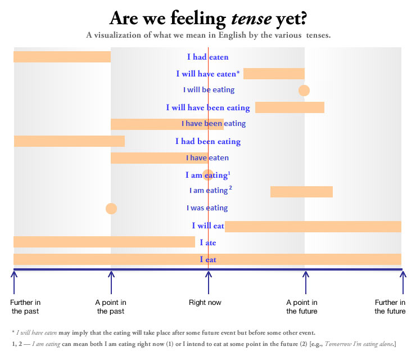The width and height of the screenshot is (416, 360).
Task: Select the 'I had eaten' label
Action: point(207,57)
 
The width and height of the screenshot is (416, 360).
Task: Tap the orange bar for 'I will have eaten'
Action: point(274,74)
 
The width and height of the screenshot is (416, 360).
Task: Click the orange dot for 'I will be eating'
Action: point(304,90)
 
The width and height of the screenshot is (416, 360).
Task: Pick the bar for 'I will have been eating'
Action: point(290,107)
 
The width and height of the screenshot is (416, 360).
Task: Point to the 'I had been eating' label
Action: point(207,141)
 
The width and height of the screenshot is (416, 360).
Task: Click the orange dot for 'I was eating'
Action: point(111,209)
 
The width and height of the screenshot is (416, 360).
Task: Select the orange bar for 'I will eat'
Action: point(313,226)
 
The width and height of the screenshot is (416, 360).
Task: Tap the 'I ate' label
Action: point(207,243)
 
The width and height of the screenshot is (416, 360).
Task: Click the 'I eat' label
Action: point(207,260)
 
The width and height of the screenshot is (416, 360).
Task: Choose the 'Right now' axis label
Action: point(205,303)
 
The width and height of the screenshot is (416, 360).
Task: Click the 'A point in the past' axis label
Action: point(111,307)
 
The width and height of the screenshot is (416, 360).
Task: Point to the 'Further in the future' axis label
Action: point(390,307)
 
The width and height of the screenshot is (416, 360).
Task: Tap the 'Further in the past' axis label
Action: point(25,307)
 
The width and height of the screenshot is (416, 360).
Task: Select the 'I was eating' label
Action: point(207,208)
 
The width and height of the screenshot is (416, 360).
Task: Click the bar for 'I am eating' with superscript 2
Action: point(301,192)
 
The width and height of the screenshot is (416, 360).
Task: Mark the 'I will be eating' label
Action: point(209,90)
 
